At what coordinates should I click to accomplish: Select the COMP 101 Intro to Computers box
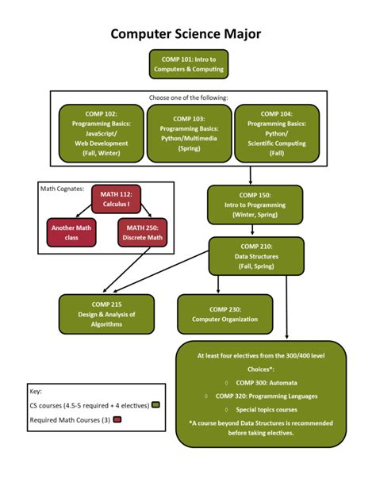(x=187, y=64)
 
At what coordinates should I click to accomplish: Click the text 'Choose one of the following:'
(x=188, y=98)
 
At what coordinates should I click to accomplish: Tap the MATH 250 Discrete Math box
(x=143, y=232)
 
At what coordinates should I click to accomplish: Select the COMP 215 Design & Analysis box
(x=106, y=313)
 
